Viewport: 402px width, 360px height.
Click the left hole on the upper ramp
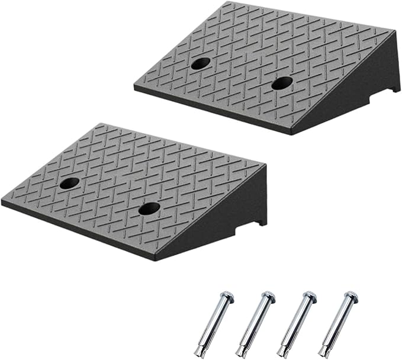tap(200, 64)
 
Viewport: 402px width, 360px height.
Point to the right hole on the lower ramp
tap(149, 208)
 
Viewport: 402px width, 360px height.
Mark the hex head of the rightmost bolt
tap(350, 295)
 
